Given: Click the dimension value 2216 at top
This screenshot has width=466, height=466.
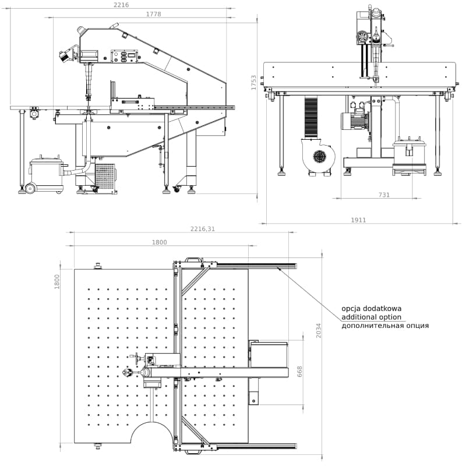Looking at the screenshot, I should click(x=121, y=5).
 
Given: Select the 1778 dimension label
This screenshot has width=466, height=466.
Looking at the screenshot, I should click(x=154, y=14).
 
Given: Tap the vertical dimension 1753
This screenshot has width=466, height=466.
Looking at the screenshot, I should click(x=253, y=82).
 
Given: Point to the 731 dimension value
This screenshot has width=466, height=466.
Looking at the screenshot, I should click(x=384, y=195).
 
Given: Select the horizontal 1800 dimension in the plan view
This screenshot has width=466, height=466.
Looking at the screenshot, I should click(x=159, y=242).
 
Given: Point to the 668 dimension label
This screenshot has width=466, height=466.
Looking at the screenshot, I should click(x=300, y=372).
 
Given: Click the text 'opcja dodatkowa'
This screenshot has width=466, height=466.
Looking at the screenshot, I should click(x=371, y=309).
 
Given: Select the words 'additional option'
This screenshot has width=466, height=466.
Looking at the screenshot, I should click(x=372, y=317).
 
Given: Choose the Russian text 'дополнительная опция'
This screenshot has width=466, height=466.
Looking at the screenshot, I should click(x=385, y=326).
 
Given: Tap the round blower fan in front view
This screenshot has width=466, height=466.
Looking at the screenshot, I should click(x=319, y=156).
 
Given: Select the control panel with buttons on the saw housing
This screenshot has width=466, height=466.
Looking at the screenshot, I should click(x=123, y=57).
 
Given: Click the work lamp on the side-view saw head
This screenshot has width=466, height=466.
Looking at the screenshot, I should click(x=64, y=56).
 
